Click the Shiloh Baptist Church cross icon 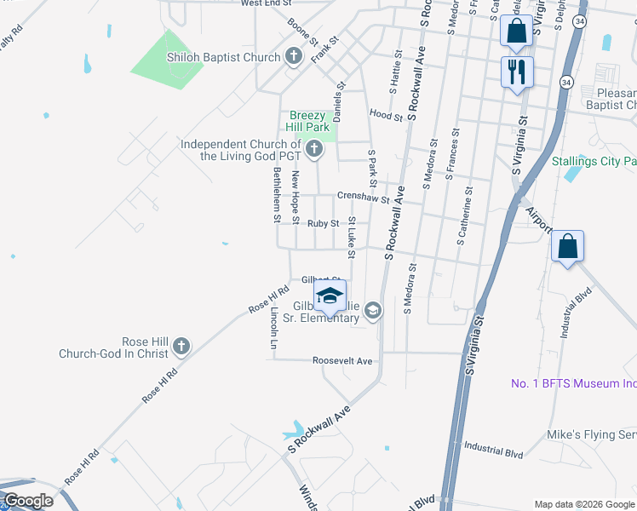point(294,58)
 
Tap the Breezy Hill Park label point(307,121)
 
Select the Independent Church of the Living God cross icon point(314,151)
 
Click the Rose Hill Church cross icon point(181,347)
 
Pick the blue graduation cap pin point(330,296)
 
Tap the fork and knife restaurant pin point(516,72)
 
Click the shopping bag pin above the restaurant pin point(516,32)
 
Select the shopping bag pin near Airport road point(567,248)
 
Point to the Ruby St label point(324,223)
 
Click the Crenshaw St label point(363,197)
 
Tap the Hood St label point(386,114)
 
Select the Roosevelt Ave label point(342,361)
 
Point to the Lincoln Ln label point(273,327)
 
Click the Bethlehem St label point(276,195)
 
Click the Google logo point(28,501)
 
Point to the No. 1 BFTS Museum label point(572,384)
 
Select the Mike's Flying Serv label point(591,435)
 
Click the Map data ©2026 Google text point(584,504)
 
